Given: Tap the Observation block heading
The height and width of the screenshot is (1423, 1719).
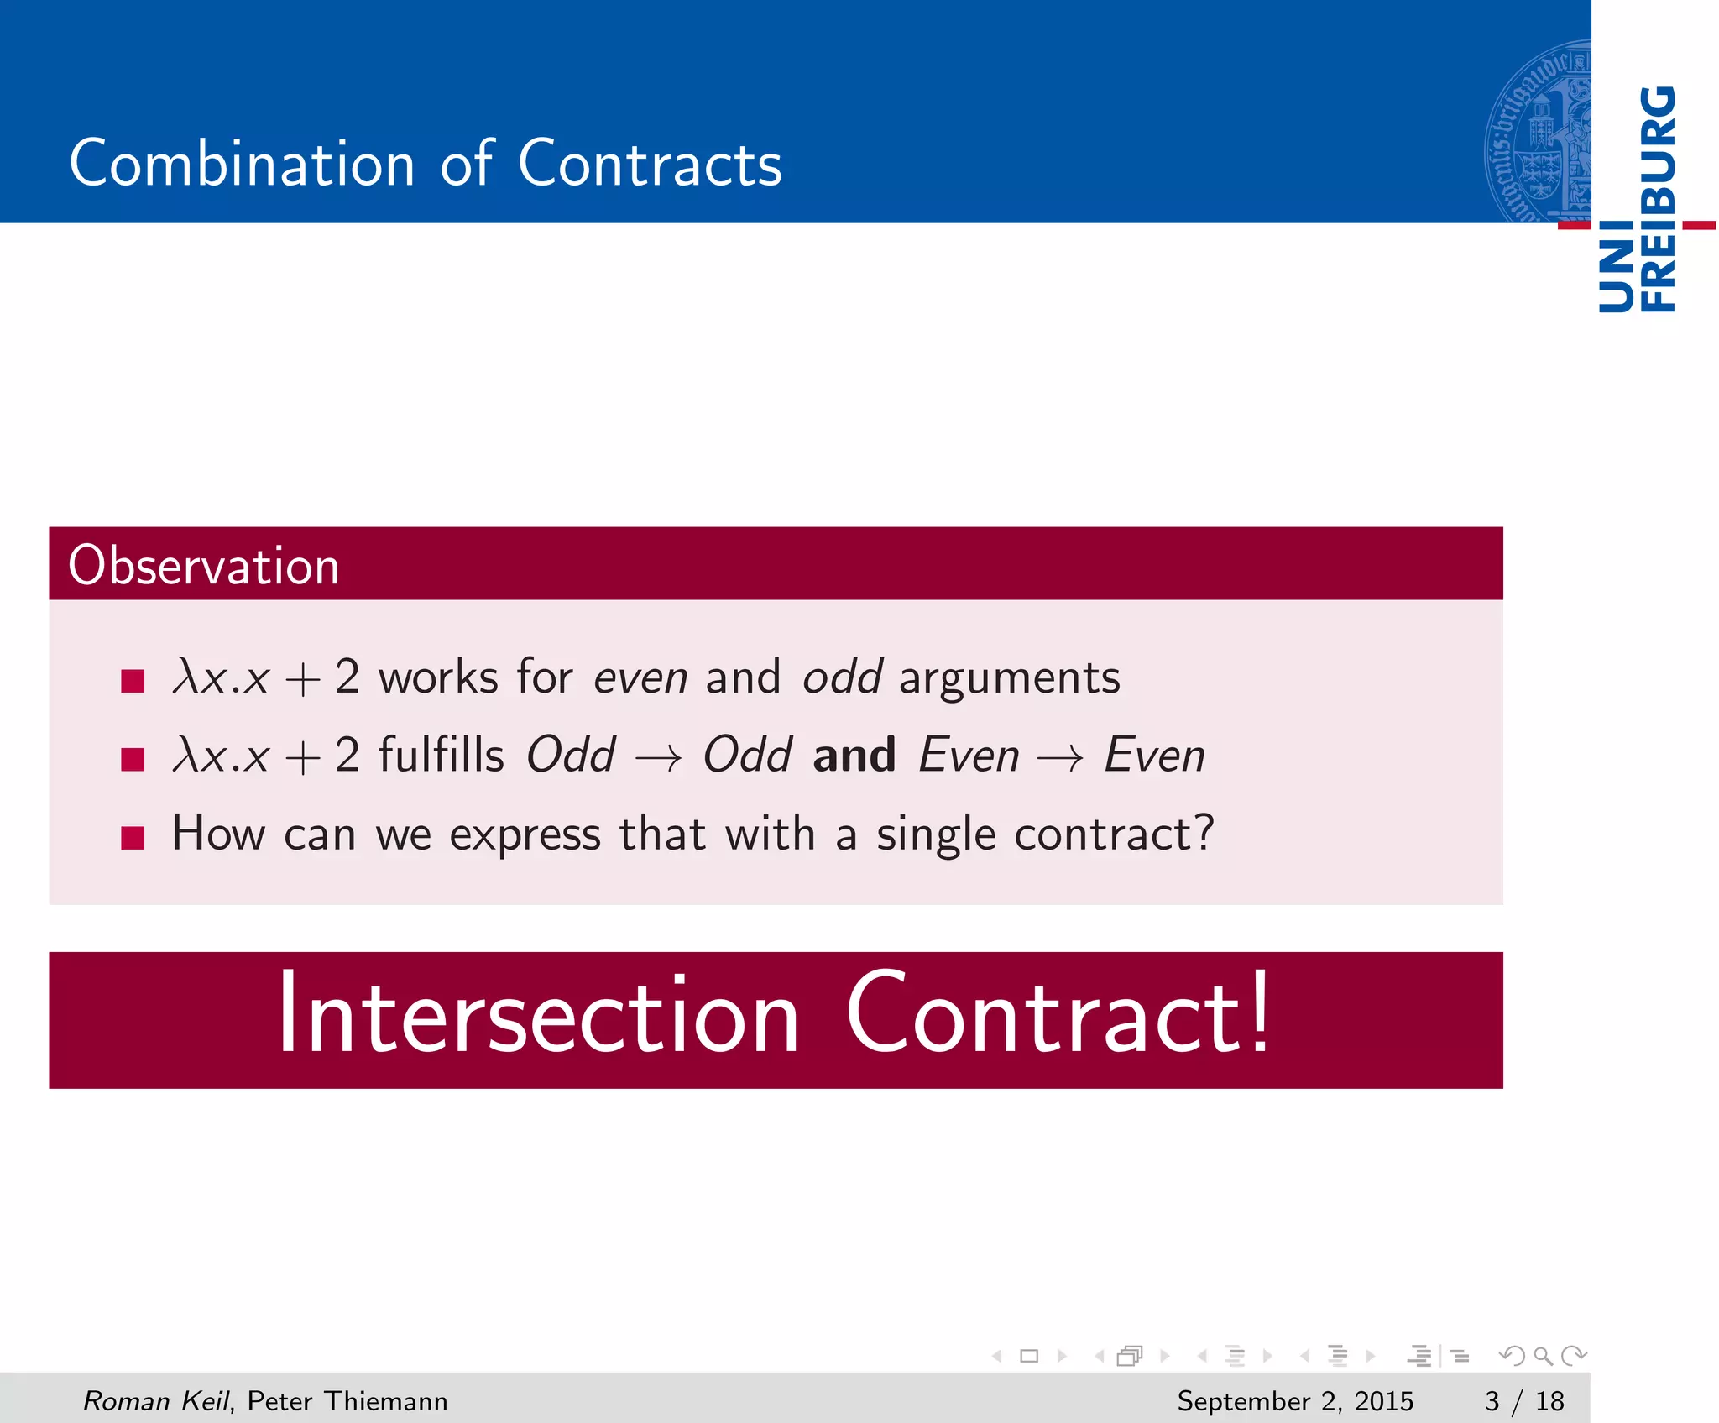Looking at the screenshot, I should (x=204, y=565).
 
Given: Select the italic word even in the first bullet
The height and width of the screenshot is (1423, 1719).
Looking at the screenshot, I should (x=640, y=677).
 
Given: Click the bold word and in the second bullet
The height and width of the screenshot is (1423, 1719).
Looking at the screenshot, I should (x=854, y=755).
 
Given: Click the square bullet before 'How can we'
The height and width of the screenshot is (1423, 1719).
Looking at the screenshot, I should (x=133, y=837).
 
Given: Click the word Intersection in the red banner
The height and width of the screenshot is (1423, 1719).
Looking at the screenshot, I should (x=537, y=1017).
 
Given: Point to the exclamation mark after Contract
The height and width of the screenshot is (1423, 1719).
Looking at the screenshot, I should (x=1260, y=1012).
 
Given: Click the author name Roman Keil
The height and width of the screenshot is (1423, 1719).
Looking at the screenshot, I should (x=155, y=1400).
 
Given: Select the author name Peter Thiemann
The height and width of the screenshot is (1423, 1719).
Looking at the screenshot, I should (x=347, y=1400).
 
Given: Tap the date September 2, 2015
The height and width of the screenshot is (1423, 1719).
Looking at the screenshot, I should (x=1294, y=1400).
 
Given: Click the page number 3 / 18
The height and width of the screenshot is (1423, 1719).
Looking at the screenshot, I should (x=1523, y=1400).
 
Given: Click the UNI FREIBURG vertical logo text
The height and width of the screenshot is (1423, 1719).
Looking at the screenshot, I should (x=1638, y=199).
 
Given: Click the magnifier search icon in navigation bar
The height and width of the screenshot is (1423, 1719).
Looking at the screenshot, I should (x=1543, y=1355).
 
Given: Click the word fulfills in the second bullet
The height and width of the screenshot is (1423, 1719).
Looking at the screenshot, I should (x=441, y=755).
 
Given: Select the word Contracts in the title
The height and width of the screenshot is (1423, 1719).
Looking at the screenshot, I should (x=650, y=163).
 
